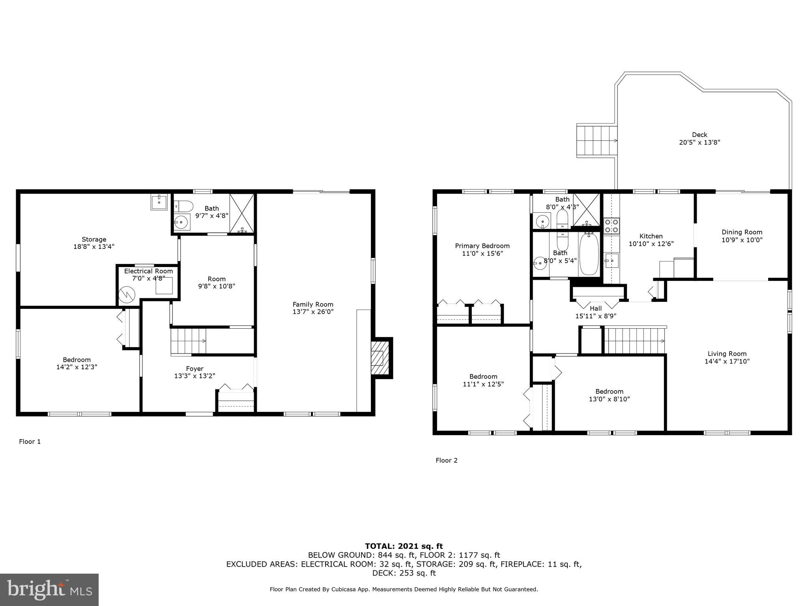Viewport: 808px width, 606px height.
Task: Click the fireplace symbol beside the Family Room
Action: coord(380,358)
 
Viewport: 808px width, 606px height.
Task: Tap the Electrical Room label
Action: coord(148,271)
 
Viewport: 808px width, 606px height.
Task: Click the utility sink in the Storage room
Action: coord(159,202)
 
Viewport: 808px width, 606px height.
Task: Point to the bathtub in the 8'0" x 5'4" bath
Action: coord(589,253)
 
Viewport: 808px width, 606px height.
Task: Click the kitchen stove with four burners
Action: coord(612,226)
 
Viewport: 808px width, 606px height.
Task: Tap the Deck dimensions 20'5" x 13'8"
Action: coord(700,142)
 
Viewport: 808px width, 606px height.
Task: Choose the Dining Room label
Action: coord(742,232)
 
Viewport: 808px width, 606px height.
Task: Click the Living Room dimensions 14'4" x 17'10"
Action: coord(727,361)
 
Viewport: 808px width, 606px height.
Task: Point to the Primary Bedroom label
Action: coord(482,246)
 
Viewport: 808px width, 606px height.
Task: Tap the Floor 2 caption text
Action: coord(446,460)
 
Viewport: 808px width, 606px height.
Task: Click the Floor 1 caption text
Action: coord(30,441)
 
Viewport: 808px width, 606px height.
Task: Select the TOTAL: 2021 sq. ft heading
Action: coord(404,546)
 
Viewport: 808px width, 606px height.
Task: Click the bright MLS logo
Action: coord(49,589)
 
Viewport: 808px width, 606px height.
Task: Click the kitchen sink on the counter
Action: coord(612,260)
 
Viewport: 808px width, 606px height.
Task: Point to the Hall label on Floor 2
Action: coord(595,309)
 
